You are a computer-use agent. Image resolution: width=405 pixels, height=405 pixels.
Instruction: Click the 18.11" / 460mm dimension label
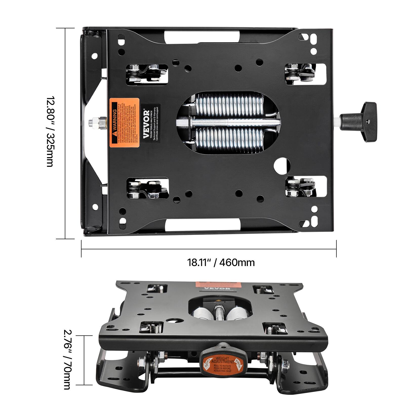coord(221,262)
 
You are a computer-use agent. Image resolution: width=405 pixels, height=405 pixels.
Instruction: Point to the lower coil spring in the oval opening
coord(229,138)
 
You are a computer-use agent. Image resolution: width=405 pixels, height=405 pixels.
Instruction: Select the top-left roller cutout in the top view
coord(147,74)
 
